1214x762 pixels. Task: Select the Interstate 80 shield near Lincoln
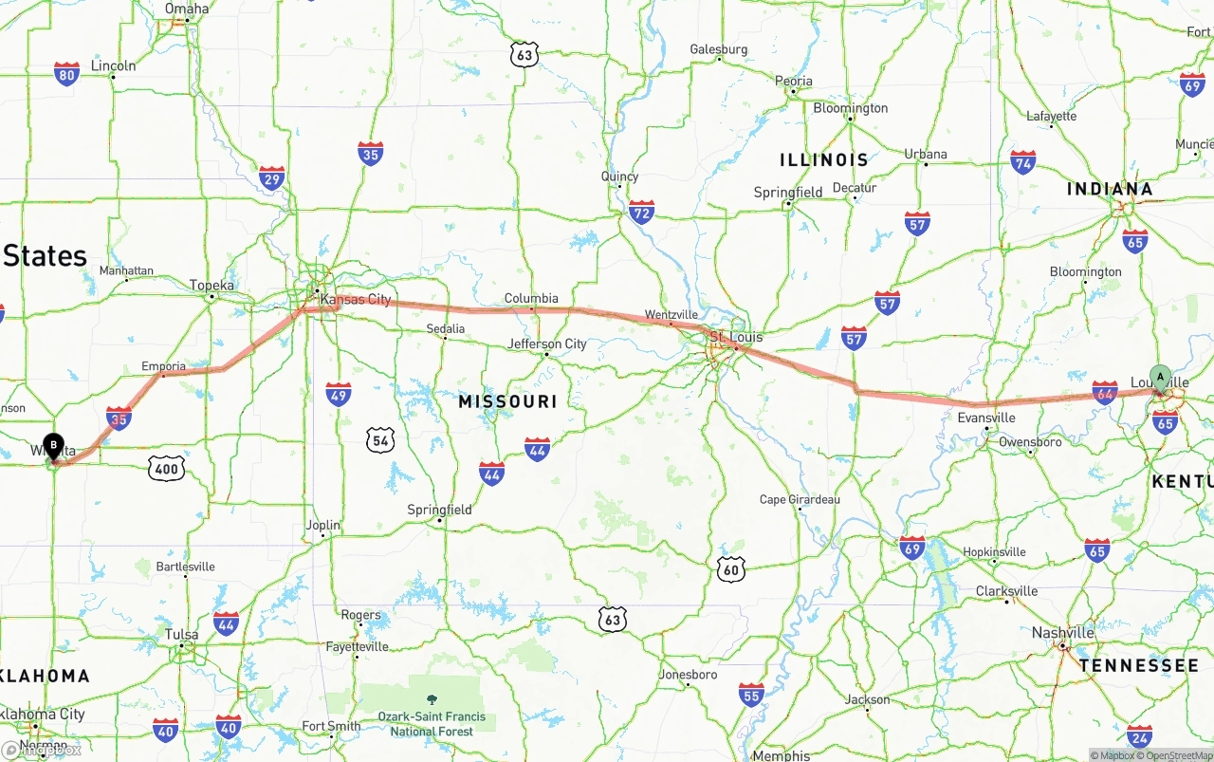click(x=66, y=75)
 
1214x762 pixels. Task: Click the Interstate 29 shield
click(x=272, y=177)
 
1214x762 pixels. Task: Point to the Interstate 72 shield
click(x=642, y=212)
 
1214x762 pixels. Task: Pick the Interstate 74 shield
click(x=1022, y=161)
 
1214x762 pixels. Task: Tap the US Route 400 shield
click(x=166, y=467)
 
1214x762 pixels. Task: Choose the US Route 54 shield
click(x=381, y=439)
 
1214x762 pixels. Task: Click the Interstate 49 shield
click(x=339, y=394)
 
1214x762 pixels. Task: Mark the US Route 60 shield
click(x=730, y=569)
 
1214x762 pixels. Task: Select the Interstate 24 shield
click(x=1140, y=736)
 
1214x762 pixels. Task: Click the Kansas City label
click(x=356, y=300)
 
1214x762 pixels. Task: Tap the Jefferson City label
click(x=547, y=344)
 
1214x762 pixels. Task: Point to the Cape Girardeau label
click(x=800, y=499)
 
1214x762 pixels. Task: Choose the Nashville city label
click(x=1062, y=633)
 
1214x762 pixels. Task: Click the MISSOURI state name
click(x=507, y=401)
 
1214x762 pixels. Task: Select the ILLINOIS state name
click(x=823, y=159)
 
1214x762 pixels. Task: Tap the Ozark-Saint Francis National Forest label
click(x=432, y=724)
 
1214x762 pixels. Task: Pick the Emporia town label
click(x=164, y=366)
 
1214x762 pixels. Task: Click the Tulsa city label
click(x=181, y=634)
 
